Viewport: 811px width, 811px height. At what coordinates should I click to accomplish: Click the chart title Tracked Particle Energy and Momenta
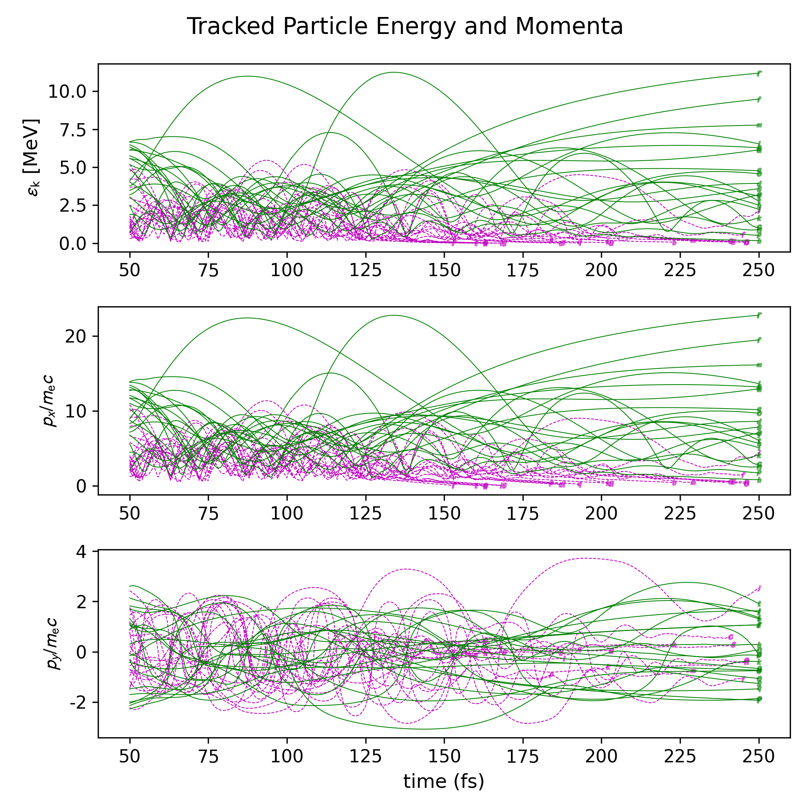405,26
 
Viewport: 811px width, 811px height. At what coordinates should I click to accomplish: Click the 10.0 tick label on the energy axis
67,92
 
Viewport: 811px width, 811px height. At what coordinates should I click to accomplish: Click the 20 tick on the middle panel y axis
76,336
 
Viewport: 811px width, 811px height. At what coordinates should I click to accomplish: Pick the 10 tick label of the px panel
76,411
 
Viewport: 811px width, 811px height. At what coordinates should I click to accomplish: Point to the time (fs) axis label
444,782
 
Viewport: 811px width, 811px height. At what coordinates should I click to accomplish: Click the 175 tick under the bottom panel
523,756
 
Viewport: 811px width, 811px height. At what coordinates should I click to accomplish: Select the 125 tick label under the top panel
366,270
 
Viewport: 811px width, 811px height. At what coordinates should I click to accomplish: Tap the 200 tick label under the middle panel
601,513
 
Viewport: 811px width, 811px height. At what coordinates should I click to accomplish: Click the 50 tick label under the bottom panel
130,756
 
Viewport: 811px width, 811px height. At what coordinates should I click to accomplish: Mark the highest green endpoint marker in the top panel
759,73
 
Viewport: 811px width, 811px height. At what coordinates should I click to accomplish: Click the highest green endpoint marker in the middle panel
759,315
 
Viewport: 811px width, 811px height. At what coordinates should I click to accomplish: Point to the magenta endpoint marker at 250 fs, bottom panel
759,588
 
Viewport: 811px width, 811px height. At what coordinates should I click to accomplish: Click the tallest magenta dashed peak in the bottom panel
585,558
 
